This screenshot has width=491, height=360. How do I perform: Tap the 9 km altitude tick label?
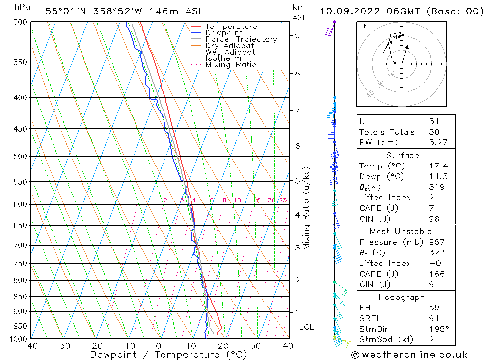click(x=297, y=35)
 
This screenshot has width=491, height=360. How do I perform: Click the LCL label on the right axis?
click(x=306, y=327)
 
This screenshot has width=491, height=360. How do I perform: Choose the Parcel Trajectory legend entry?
click(x=241, y=39)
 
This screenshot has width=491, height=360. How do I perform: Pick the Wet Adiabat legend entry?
click(x=230, y=52)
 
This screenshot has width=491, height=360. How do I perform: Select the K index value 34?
click(x=434, y=121)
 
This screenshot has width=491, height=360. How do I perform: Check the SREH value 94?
click(x=434, y=318)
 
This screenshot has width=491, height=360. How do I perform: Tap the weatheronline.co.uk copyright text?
click(x=409, y=355)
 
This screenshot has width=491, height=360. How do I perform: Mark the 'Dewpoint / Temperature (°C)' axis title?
click(x=168, y=355)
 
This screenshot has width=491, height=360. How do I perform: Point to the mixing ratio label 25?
click(x=283, y=200)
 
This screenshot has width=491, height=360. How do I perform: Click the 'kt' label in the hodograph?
click(x=363, y=26)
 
